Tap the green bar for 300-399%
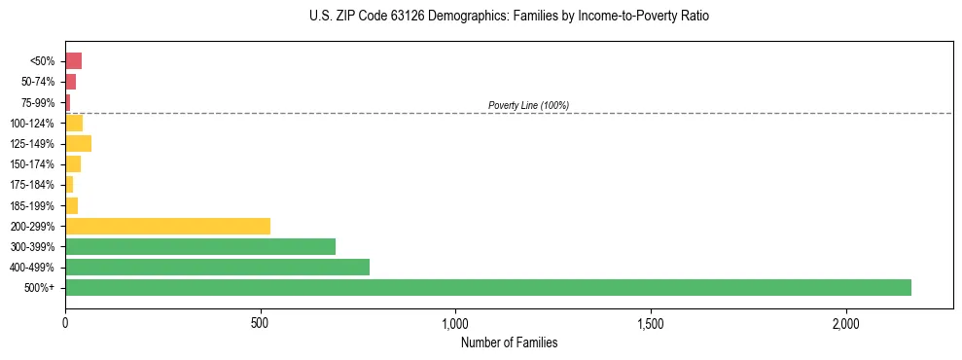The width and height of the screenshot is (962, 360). pos(200,246)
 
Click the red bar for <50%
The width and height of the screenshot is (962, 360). pos(73,60)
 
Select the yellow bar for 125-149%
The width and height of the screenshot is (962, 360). pos(78,143)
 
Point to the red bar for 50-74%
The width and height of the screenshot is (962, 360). pos(70,82)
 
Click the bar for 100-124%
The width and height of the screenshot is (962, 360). pos(74,123)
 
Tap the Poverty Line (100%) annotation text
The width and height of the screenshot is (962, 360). pos(528,105)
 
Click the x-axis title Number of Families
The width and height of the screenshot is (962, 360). pos(509,342)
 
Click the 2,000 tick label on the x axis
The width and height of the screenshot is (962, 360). pos(845,323)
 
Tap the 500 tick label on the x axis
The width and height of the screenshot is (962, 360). pos(260,323)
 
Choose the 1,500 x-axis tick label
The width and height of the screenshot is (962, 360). pos(650,323)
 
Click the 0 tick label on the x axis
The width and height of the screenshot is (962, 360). pos(65,323)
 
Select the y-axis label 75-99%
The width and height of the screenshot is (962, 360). pos(40,102)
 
